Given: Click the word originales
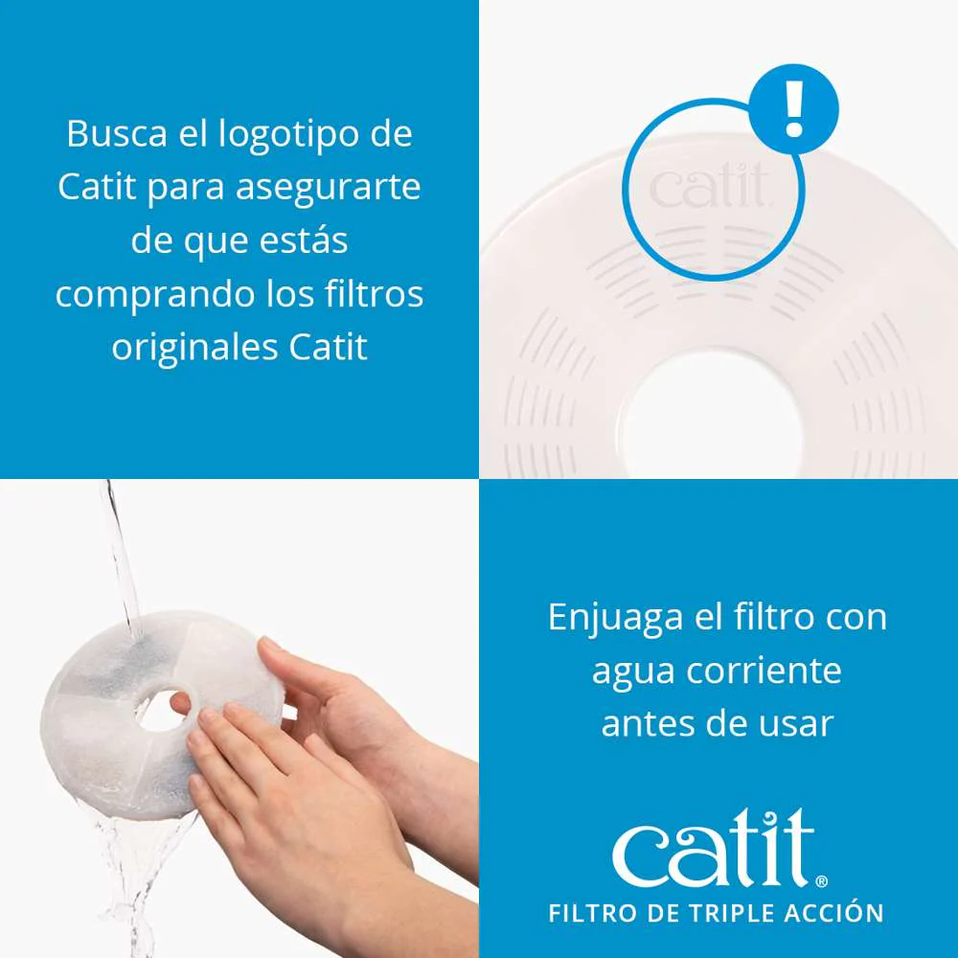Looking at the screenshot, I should pos(194,347).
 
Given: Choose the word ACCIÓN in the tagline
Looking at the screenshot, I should pos(833,912).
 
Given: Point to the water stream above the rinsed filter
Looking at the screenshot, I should pos(119,546).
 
